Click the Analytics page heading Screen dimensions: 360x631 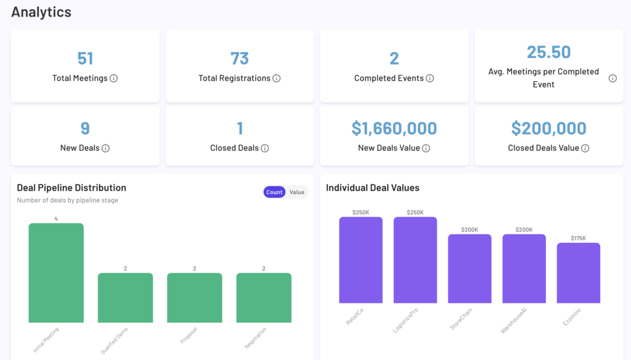pos(41,12)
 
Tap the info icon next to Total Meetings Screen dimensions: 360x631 pos(114,78)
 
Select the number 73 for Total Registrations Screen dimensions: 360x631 pos(240,59)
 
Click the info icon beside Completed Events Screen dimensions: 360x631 pos(430,78)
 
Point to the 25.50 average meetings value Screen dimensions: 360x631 pos(548,52)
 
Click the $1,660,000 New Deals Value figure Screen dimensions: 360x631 pos(394,128)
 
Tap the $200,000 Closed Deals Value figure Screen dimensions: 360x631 pos(548,128)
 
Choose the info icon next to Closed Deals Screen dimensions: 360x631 pos(265,148)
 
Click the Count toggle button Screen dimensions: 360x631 pos(274,192)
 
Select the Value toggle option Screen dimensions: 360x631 pos(297,192)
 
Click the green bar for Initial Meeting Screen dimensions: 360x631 pos(56,272)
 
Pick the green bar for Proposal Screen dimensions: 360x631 pos(195,297)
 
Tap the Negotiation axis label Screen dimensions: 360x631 pos(256,338)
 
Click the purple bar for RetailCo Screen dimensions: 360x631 pos(360,260)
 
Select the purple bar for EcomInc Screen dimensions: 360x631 pos(579,272)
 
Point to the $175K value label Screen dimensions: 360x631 pos(579,238)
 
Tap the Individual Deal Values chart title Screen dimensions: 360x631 pos(373,187)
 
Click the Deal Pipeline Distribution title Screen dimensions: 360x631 pos(71,187)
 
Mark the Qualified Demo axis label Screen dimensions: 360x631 pos(115,340)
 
